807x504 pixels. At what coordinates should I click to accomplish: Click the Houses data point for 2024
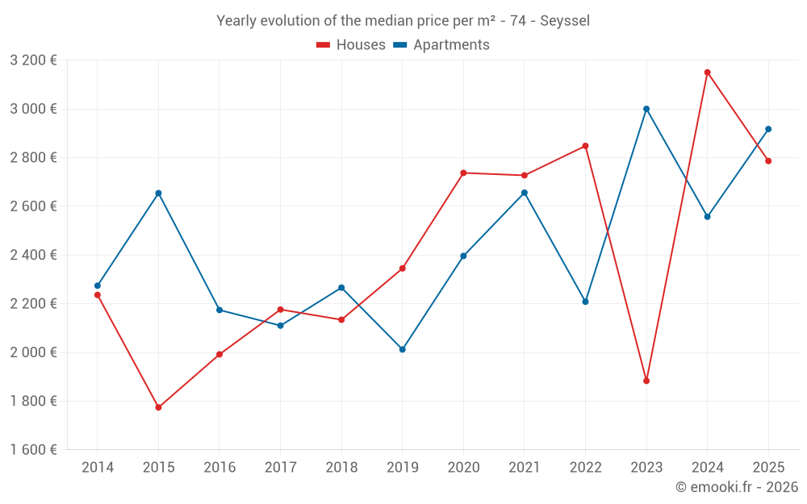click(x=708, y=73)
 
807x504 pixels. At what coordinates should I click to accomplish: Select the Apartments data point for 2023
click(x=646, y=109)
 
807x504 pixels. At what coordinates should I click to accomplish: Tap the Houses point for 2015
click(x=158, y=407)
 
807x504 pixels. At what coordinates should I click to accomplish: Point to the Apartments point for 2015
click(x=158, y=193)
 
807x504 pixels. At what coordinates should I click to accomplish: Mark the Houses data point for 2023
click(x=646, y=381)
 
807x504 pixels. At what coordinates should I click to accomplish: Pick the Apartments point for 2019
click(x=403, y=349)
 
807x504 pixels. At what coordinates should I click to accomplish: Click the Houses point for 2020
click(x=463, y=173)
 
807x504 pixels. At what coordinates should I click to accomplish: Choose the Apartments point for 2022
click(x=585, y=302)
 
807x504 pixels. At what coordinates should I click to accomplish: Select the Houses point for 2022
click(x=585, y=146)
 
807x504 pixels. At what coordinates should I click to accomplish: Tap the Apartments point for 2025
click(x=768, y=129)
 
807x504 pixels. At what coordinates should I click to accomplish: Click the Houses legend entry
click(x=351, y=45)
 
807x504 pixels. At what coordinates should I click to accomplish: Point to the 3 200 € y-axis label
click(x=33, y=60)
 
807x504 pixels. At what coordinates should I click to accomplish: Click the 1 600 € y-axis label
click(x=33, y=450)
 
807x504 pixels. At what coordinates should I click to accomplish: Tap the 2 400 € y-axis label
click(x=33, y=255)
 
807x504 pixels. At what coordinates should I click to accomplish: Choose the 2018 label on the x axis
click(x=341, y=468)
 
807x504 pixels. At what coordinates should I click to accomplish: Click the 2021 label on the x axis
click(x=525, y=468)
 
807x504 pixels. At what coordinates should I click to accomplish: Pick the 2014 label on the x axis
click(x=98, y=468)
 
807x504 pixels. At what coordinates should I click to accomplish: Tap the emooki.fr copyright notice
click(x=736, y=487)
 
